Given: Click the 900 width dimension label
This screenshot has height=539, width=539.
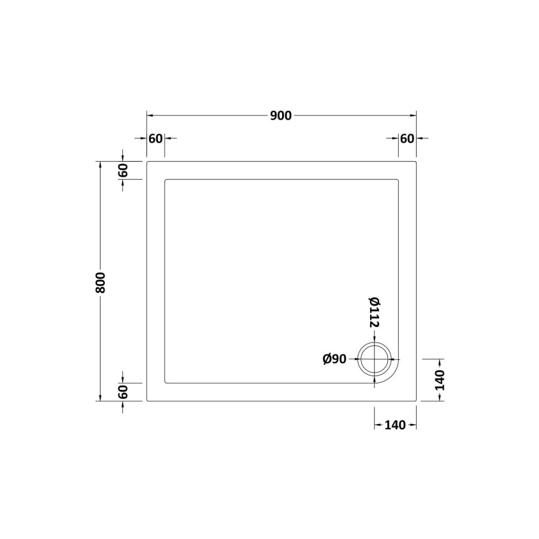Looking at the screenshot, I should point(280,116).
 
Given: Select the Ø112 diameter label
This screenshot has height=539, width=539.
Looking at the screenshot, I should point(375,312).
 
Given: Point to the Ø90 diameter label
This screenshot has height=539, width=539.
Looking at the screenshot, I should point(334,359).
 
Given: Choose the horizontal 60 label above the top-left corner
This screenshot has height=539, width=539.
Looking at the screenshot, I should point(155,138).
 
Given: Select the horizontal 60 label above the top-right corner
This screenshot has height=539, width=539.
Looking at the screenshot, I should point(407,138).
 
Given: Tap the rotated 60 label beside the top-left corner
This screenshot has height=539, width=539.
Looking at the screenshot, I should point(123,170).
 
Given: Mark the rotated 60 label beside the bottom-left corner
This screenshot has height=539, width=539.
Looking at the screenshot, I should point(123,392).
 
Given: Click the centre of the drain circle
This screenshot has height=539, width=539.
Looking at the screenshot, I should point(375,359).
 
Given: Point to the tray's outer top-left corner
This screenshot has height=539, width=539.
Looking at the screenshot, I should point(147,161).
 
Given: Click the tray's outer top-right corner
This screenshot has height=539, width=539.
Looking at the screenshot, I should point(416,161).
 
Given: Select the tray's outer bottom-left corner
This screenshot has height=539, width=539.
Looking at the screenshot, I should point(147,401).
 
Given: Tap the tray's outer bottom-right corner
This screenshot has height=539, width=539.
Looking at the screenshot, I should point(416,401).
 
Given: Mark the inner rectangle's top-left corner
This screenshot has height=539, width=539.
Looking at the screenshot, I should point(165,179).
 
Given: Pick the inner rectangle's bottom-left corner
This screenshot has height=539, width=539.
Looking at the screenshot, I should point(165,383).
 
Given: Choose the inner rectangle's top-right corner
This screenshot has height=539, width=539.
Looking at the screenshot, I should point(398,179).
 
